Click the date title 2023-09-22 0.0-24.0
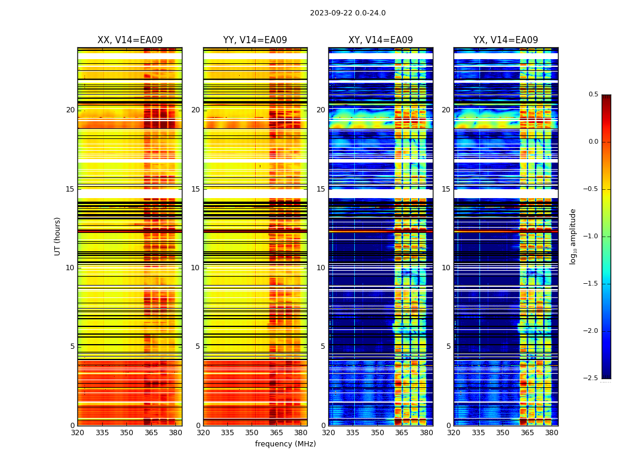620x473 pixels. tap(347, 13)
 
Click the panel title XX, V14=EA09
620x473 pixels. tap(130, 40)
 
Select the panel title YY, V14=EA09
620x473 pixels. tap(255, 40)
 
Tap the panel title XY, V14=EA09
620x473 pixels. tap(380, 40)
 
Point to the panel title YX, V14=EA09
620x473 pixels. tap(505, 40)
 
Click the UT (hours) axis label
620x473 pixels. tap(58, 236)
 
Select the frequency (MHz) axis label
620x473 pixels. tap(285, 444)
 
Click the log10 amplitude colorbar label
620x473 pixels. tap(573, 236)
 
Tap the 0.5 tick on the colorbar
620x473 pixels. tap(593, 95)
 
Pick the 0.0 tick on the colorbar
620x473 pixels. tap(593, 142)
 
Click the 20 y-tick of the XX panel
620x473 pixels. tap(70, 110)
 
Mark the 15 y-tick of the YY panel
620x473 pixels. tap(195, 189)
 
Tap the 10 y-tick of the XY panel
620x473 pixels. tap(321, 268)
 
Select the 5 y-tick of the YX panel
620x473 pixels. tap(448, 346)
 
